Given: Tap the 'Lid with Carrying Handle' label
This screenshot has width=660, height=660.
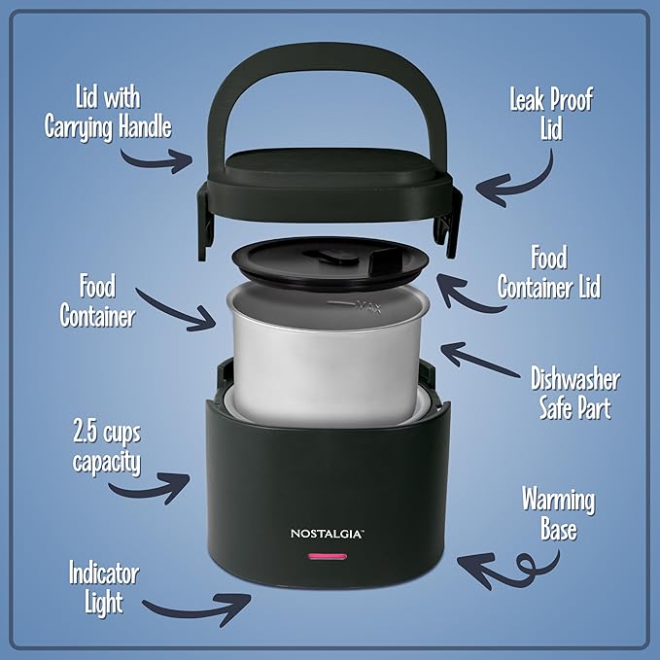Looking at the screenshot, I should [106, 112].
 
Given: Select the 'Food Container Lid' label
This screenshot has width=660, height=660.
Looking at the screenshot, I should [549, 273].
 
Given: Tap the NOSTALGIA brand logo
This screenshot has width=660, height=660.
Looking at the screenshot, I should [326, 532].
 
